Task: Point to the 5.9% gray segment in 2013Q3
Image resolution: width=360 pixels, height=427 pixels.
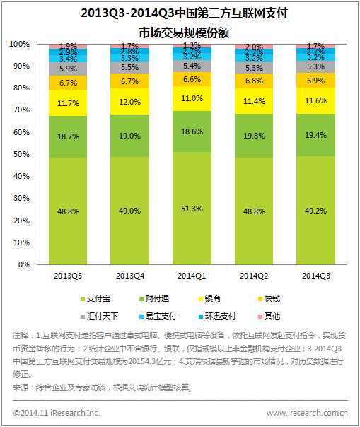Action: [x=68, y=69]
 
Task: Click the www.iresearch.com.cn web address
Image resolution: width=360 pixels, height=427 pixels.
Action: [x=306, y=412]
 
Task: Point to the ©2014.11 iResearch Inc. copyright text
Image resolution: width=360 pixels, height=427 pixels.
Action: [x=57, y=412]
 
